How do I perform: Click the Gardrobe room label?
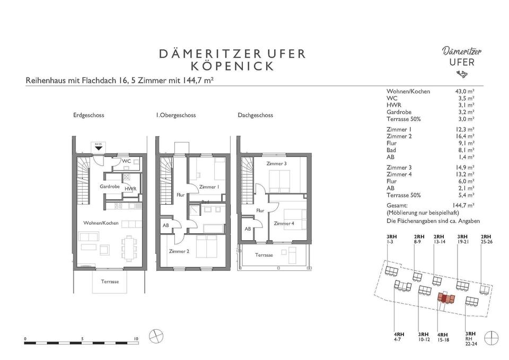click(x=110, y=187)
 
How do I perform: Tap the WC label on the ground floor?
click(x=126, y=161)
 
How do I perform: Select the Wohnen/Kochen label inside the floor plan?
click(x=101, y=223)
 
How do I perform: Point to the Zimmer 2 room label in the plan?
click(x=179, y=251)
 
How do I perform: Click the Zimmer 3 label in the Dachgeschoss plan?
click(x=277, y=164)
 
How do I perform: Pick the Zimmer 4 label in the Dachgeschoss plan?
click(x=284, y=223)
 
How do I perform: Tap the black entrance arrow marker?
click(x=99, y=148)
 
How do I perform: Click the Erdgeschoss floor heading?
click(x=89, y=115)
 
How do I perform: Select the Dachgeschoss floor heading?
click(x=256, y=115)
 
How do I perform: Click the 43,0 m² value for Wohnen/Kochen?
click(x=465, y=92)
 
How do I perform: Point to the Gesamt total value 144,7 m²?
click(x=463, y=206)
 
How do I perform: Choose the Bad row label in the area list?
click(x=391, y=150)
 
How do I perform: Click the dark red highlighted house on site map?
click(x=444, y=298)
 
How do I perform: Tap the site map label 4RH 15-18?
click(x=443, y=337)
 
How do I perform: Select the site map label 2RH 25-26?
click(x=486, y=239)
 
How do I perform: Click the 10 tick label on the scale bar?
click(x=136, y=339)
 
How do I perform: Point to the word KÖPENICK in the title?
click(x=232, y=66)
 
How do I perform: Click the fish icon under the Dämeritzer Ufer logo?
click(x=461, y=74)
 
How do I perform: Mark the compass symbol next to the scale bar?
click(x=156, y=336)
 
